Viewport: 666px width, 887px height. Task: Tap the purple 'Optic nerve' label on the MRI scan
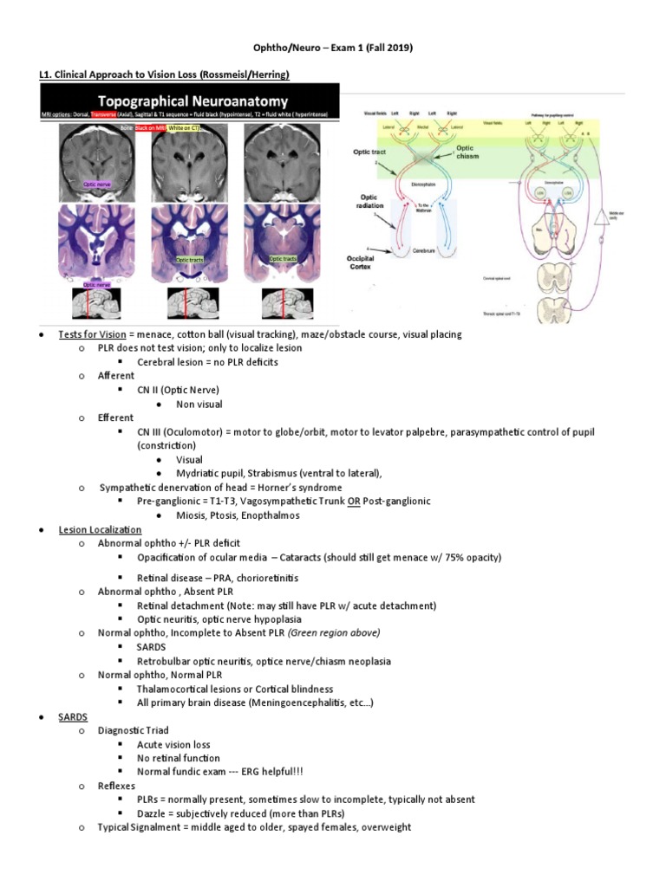click(96, 185)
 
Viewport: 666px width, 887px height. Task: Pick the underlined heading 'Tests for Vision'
click(92, 334)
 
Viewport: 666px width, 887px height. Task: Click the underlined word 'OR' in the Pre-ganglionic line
click(354, 502)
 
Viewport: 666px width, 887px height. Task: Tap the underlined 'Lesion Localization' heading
click(100, 529)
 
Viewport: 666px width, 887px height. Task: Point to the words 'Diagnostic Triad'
click(134, 730)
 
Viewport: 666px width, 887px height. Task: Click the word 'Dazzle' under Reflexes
click(153, 813)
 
